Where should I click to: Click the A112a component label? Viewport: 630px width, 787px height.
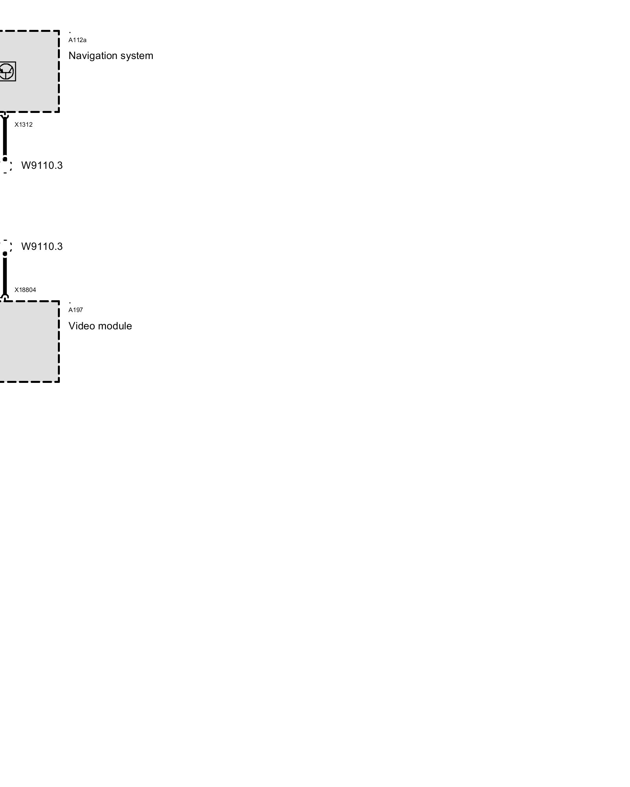pyautogui.click(x=77, y=40)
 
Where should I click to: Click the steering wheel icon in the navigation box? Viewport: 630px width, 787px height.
pyautogui.click(x=7, y=71)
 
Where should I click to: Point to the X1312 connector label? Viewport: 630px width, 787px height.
pyautogui.click(x=24, y=125)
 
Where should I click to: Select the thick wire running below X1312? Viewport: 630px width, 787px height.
pyautogui.click(x=5, y=138)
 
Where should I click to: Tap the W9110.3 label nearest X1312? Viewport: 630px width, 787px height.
pyautogui.click(x=42, y=165)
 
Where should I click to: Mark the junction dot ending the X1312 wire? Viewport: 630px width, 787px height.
pyautogui.click(x=5, y=159)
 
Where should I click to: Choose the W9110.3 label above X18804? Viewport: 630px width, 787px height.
pyautogui.click(x=42, y=246)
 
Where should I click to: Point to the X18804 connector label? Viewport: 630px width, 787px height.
pyautogui.click(x=25, y=290)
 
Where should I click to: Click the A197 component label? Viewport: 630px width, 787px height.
pyautogui.click(x=76, y=310)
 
